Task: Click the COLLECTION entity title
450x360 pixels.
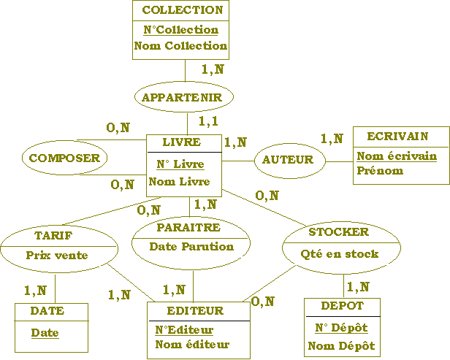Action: point(183,10)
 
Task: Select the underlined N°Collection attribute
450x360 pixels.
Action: point(181,30)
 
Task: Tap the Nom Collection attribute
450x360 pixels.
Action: point(180,45)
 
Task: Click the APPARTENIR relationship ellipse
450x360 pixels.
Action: point(183,97)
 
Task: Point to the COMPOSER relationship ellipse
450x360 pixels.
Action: point(64,158)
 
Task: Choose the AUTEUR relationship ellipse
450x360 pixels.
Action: point(290,161)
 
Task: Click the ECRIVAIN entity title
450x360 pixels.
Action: point(397,137)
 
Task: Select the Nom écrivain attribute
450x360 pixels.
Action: point(397,156)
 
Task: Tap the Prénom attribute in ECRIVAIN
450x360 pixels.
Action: point(380,171)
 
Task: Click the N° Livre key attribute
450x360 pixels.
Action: point(180,164)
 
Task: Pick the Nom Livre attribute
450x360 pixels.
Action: point(179,182)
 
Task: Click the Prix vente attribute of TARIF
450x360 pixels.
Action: point(57,255)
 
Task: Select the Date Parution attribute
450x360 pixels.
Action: point(191,246)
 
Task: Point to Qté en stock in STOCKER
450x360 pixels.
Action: point(340,254)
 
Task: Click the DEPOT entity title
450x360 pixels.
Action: point(342,306)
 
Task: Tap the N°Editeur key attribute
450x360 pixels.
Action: point(184,330)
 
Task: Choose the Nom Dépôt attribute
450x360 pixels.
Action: point(341,345)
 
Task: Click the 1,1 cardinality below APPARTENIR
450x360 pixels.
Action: point(209,121)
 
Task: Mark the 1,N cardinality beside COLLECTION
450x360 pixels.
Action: point(213,69)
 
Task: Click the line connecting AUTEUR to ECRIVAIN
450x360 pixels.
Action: point(339,161)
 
